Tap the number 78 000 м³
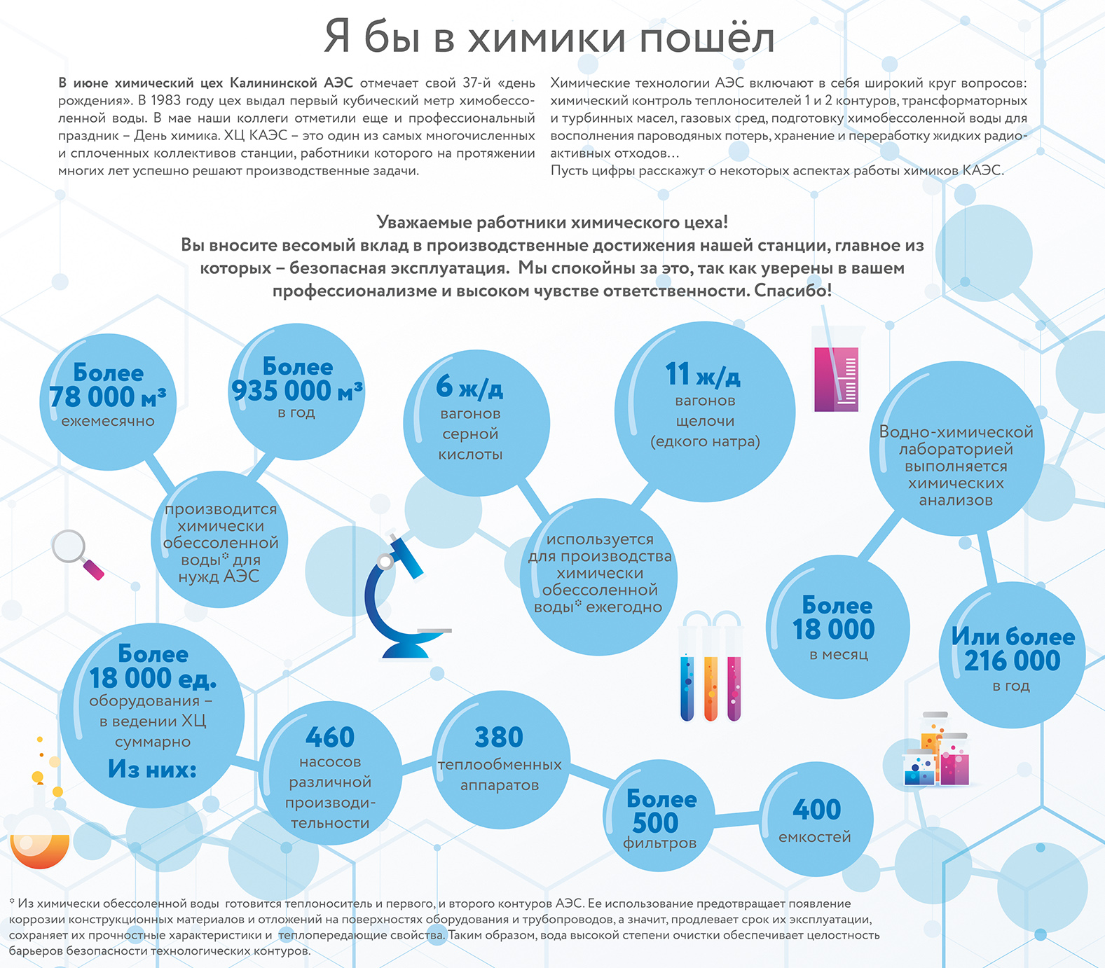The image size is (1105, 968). [107, 397]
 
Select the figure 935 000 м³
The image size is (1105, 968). [297, 391]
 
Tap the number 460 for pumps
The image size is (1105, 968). [330, 738]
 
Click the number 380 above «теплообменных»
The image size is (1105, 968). [499, 738]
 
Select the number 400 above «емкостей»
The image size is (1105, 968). [817, 810]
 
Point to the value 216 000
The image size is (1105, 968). [1012, 661]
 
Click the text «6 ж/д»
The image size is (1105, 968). [469, 387]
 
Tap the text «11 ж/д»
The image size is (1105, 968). [703, 375]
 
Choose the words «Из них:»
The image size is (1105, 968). [152, 769]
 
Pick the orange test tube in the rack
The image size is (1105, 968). [711, 688]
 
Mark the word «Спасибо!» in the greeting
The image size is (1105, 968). [793, 291]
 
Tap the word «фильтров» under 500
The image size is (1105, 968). [659, 843]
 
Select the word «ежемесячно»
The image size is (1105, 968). [108, 421]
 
